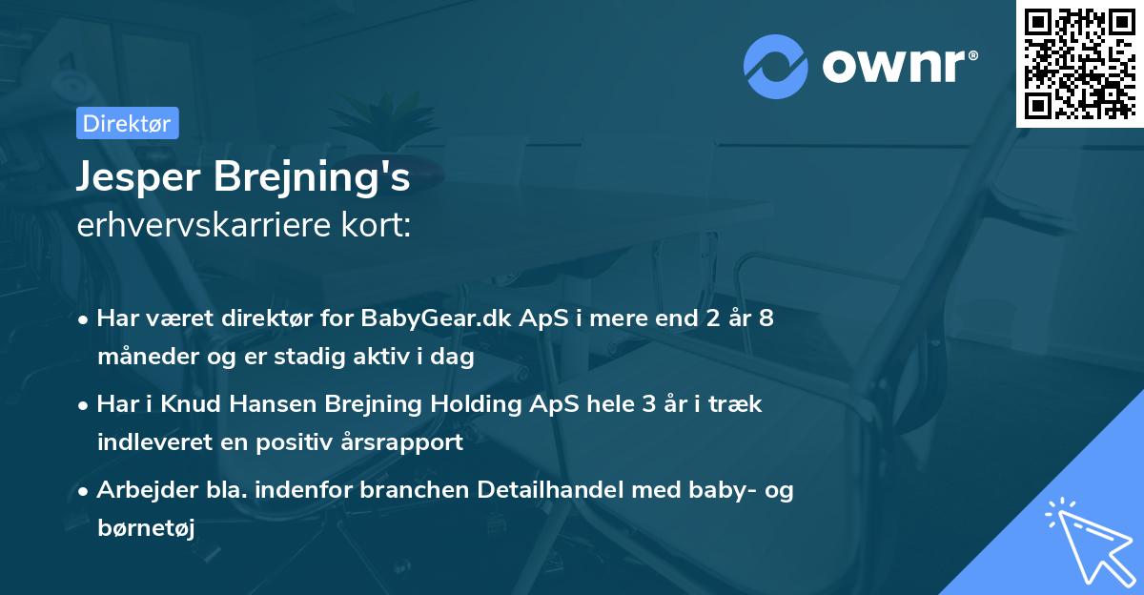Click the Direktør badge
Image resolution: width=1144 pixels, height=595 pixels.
click(126, 123)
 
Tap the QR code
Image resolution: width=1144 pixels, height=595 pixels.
click(1079, 63)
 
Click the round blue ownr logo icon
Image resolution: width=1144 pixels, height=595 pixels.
click(776, 67)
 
